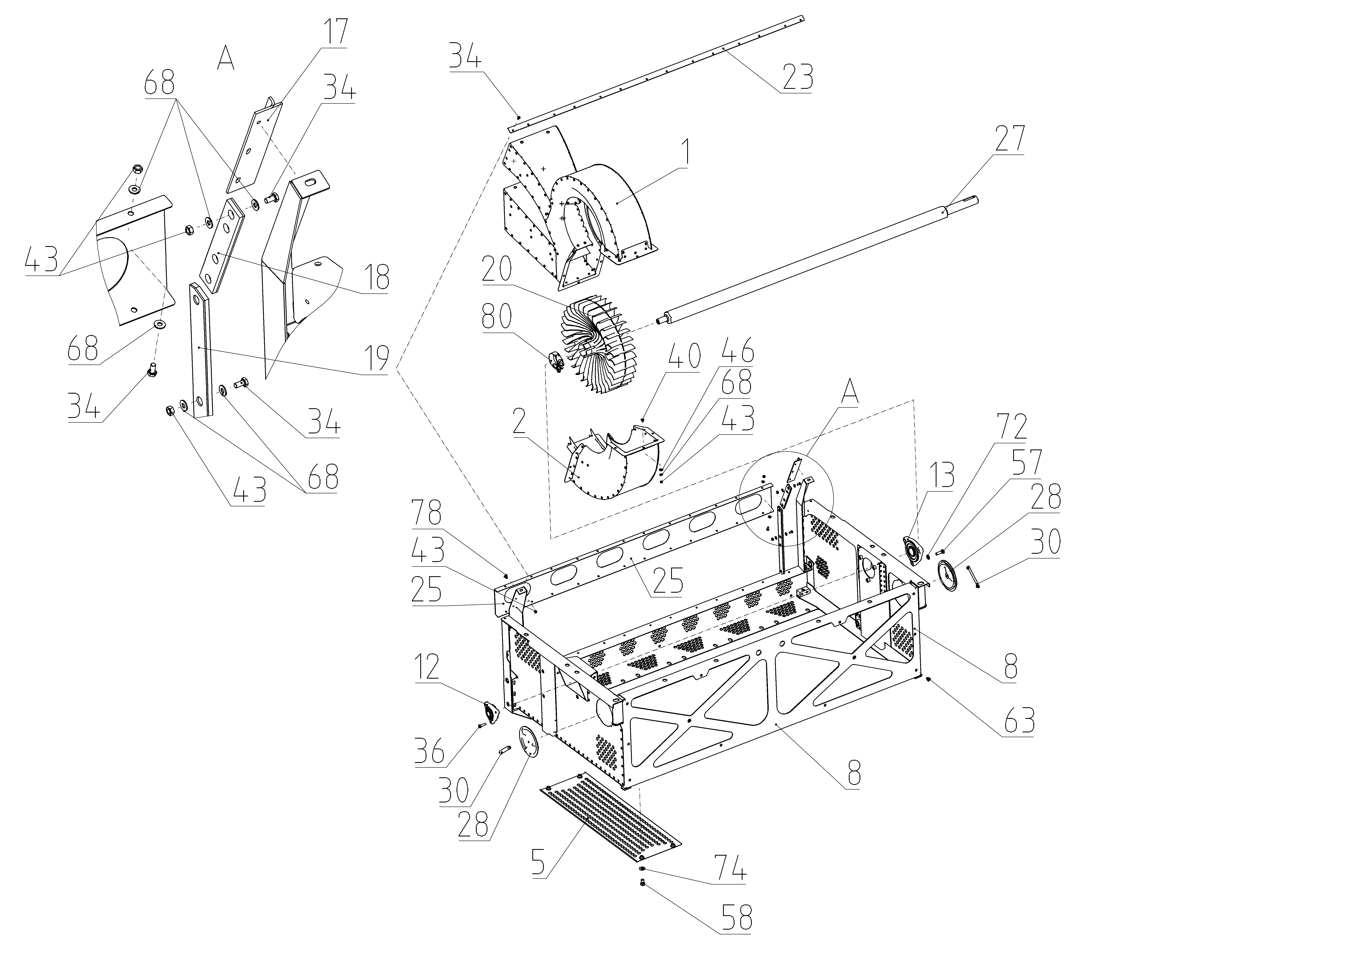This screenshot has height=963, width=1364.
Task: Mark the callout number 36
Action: click(430, 753)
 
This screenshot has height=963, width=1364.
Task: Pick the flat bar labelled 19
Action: click(200, 351)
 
